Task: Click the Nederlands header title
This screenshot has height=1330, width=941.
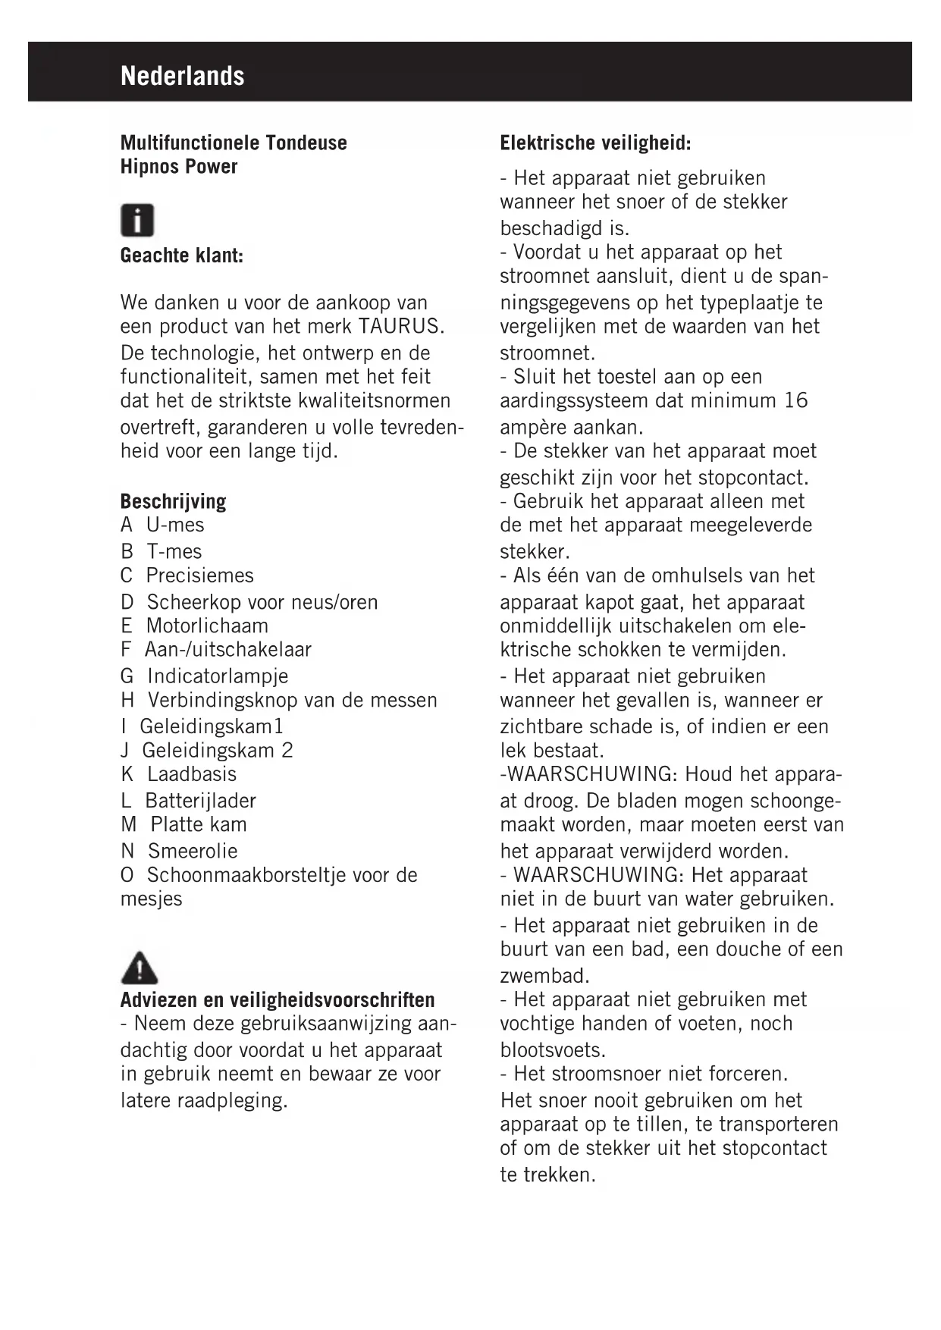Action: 182,76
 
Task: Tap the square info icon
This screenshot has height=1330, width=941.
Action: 137,221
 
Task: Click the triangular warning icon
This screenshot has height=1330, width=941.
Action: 139,968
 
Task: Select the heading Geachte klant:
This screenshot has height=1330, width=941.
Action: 182,256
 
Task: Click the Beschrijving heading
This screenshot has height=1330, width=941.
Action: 173,501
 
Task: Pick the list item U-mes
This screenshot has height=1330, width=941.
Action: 175,525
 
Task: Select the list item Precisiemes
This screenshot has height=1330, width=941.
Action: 199,576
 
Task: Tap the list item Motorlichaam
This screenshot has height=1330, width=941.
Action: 207,626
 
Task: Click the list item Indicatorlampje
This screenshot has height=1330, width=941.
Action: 218,676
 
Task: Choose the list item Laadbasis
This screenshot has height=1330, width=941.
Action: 192,774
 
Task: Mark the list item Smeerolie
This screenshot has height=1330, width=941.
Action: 193,851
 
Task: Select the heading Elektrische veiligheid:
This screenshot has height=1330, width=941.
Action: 595,143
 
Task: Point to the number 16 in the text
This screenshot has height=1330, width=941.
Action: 796,400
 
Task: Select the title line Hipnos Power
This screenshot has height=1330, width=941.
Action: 179,166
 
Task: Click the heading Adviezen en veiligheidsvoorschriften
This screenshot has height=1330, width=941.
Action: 278,999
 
